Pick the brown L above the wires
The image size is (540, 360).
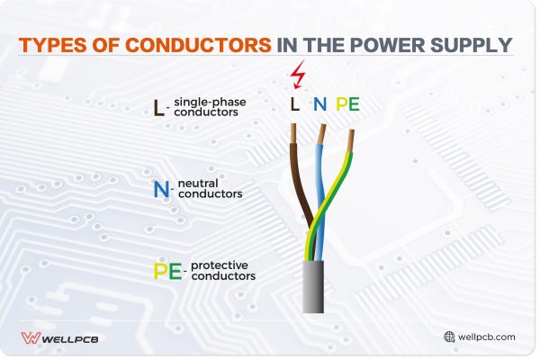click(294, 104)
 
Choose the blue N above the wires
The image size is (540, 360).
click(319, 104)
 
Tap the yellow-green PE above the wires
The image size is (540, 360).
click(347, 104)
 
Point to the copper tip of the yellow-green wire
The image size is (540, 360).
click(351, 137)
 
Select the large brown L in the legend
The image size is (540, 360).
click(159, 109)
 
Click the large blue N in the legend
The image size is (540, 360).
click(161, 188)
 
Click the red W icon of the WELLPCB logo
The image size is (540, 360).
click(30, 338)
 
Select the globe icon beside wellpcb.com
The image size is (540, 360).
click(449, 337)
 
